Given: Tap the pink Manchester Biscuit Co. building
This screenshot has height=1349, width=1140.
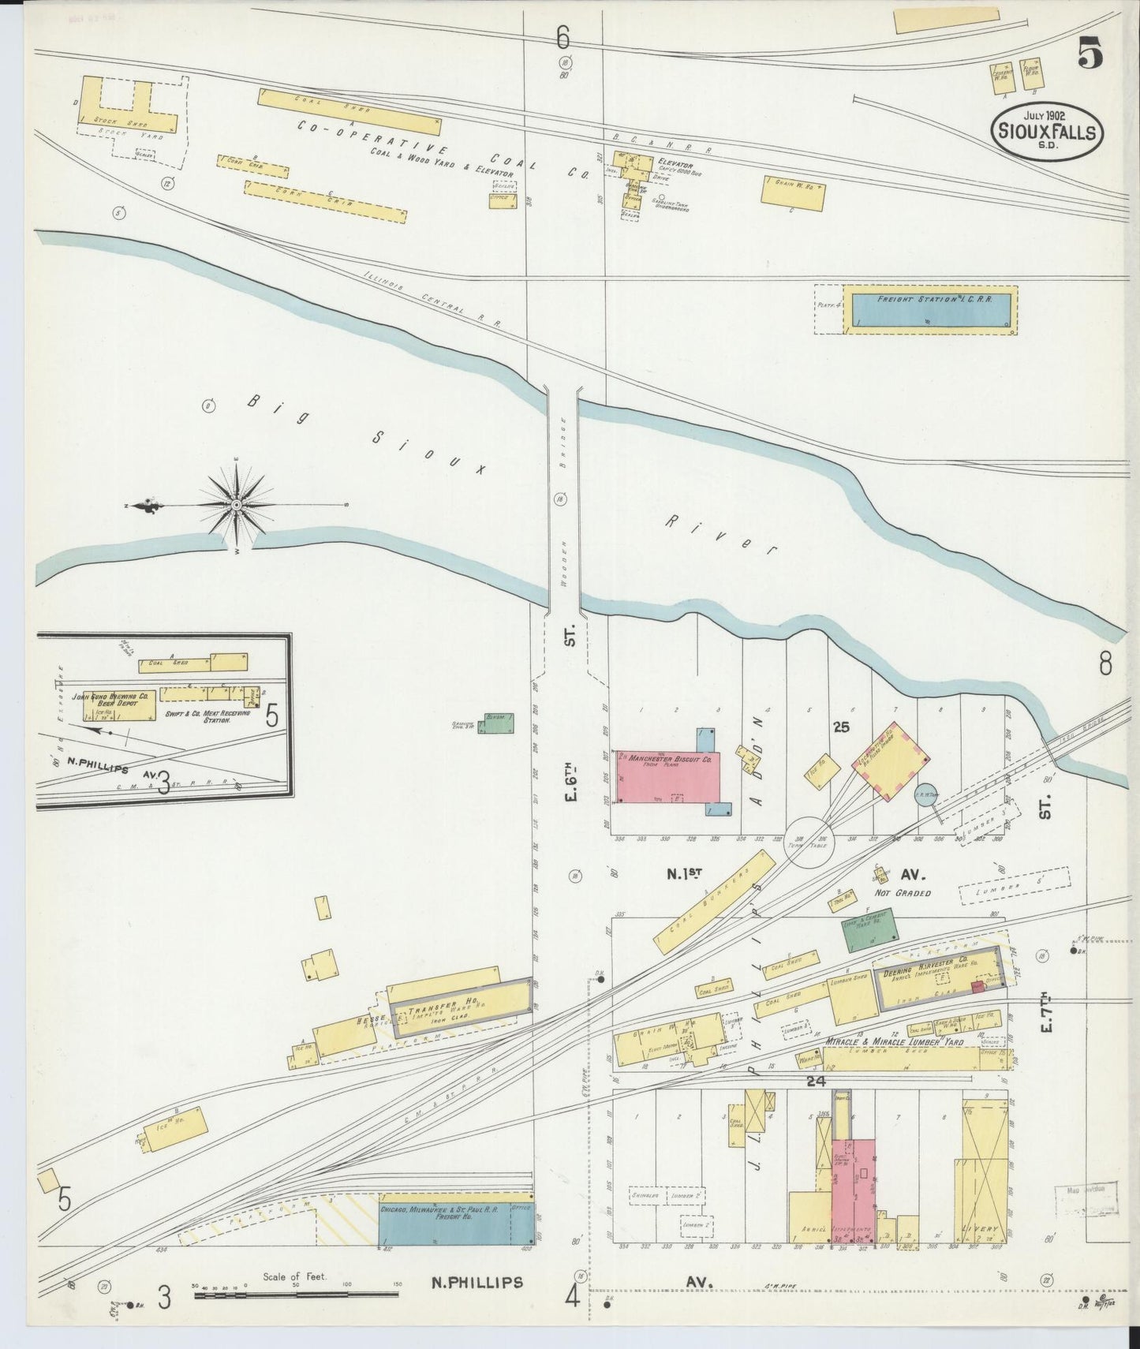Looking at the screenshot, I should click(667, 777).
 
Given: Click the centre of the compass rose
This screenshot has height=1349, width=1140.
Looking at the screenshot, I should click(236, 503).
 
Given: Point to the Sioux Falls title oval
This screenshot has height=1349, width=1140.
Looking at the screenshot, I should click(1046, 132).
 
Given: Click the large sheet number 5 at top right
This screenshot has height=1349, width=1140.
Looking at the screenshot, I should click(1089, 55).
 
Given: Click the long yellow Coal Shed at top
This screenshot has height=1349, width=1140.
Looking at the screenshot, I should click(349, 111).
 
